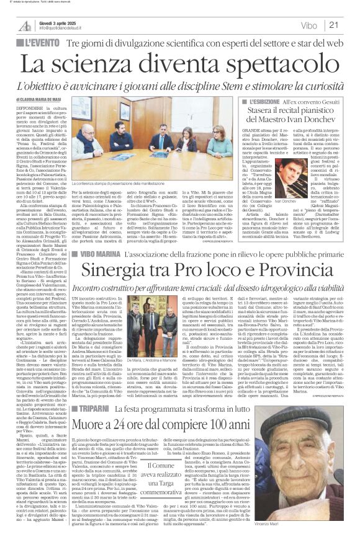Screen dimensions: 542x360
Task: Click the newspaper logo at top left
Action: click(x=25, y=25)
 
